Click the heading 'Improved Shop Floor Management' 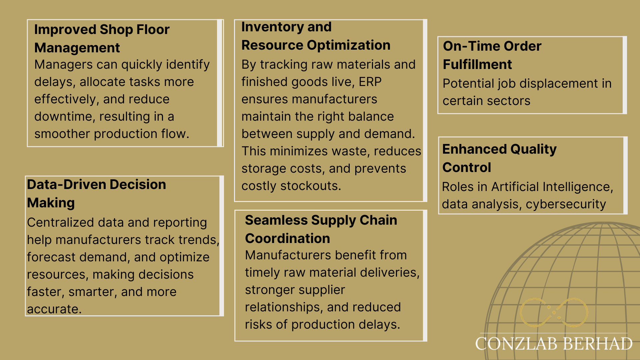point(102,39)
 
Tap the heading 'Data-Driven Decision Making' point(96,194)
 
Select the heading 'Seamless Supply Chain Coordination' point(321,229)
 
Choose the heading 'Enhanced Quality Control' point(499,158)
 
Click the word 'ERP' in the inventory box point(370,82)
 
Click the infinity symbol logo point(554,312)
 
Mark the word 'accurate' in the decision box point(54,309)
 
